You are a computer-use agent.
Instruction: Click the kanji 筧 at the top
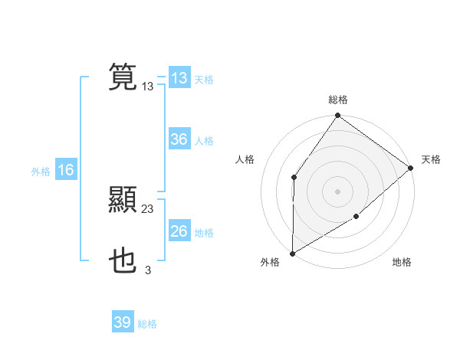(x=123, y=77)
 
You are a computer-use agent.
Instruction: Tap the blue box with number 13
(x=179, y=78)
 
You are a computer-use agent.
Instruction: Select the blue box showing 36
(x=179, y=139)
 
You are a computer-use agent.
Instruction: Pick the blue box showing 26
(x=179, y=231)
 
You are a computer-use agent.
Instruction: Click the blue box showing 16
(x=66, y=170)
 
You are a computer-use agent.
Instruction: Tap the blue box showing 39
(x=123, y=322)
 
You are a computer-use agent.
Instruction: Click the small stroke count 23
(x=148, y=209)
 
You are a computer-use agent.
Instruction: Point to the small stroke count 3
(x=148, y=270)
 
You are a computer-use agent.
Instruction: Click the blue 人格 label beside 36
(x=204, y=141)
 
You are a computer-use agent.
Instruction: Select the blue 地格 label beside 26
(x=204, y=233)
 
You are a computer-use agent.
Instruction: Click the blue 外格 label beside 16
(x=41, y=172)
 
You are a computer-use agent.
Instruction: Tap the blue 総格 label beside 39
(x=147, y=324)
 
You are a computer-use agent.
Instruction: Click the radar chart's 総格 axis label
(x=338, y=100)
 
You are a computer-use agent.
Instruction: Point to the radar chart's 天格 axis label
(x=431, y=159)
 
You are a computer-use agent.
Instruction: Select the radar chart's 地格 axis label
(x=402, y=263)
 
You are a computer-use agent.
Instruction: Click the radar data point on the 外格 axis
(x=292, y=254)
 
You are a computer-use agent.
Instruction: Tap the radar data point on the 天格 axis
(x=411, y=168)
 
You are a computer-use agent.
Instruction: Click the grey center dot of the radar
(x=338, y=191)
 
